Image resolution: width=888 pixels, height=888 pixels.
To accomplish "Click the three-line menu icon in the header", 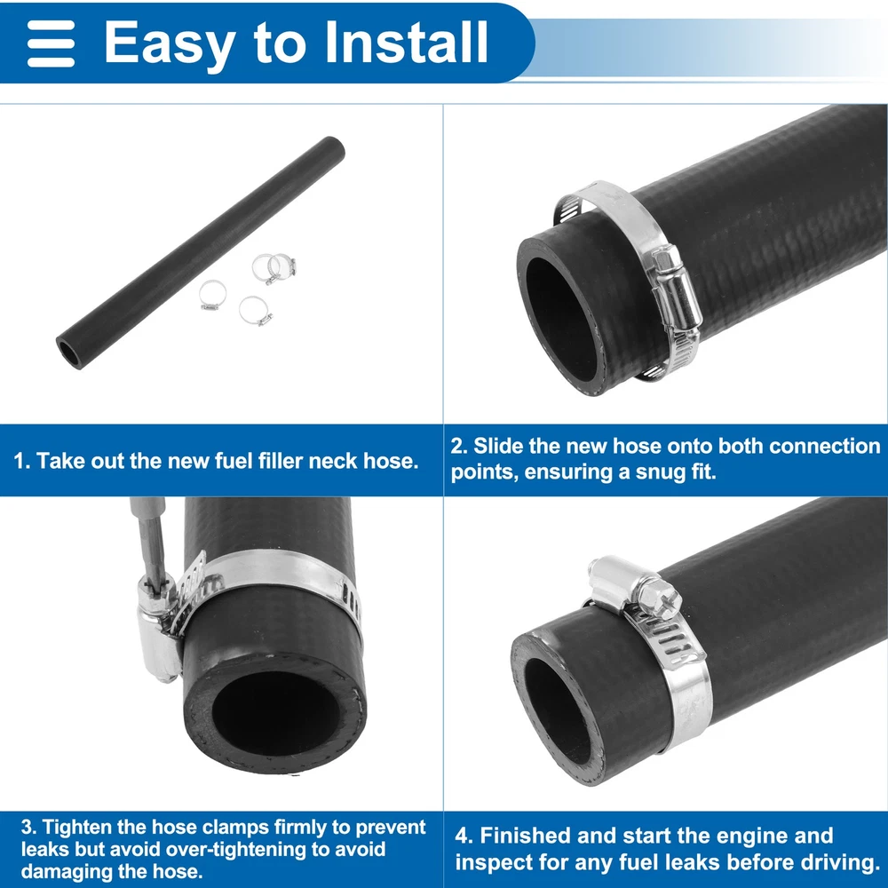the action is point(51,44).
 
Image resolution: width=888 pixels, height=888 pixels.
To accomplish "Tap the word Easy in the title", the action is point(170,46).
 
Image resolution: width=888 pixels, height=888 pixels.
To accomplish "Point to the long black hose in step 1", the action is point(201,252).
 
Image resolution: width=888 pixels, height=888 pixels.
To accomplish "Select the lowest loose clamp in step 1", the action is point(255,311).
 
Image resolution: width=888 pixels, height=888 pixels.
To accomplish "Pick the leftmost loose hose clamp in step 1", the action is point(213,295).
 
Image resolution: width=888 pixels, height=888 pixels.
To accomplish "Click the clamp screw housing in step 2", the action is point(676,289).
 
